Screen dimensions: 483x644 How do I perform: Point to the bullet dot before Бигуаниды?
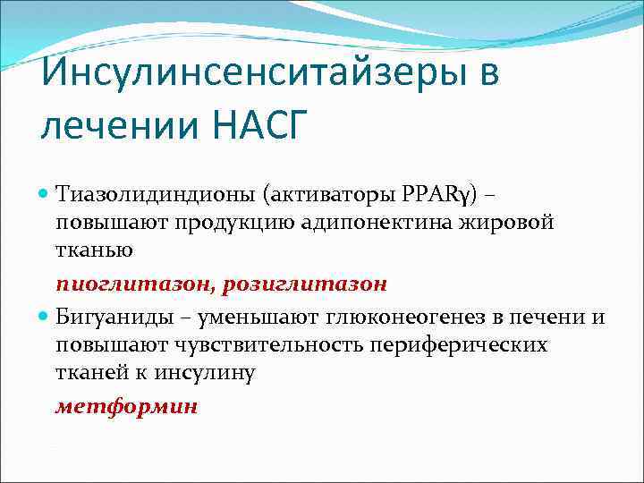[46, 317]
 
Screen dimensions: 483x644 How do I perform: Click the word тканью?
[94, 251]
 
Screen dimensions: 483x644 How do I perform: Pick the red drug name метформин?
[126, 407]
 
